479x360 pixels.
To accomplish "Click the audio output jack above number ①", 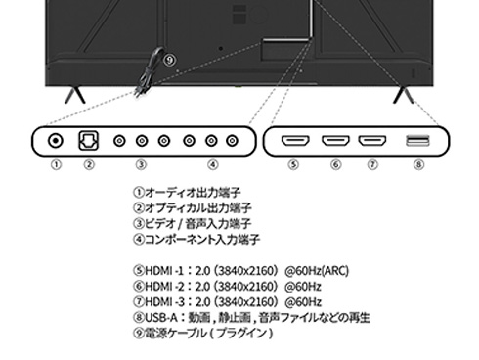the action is pos(56,141).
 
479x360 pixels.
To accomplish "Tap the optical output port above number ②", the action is pos(88,141).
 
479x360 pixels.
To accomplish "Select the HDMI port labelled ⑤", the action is pos(294,141).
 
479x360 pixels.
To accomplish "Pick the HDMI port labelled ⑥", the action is pos(333,141).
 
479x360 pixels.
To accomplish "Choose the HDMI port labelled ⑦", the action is pos(371,141).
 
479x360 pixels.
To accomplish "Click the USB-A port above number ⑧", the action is pos(417,141).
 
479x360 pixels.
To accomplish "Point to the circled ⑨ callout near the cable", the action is pos(171,59).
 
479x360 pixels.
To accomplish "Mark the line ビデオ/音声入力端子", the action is pos(204,223).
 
